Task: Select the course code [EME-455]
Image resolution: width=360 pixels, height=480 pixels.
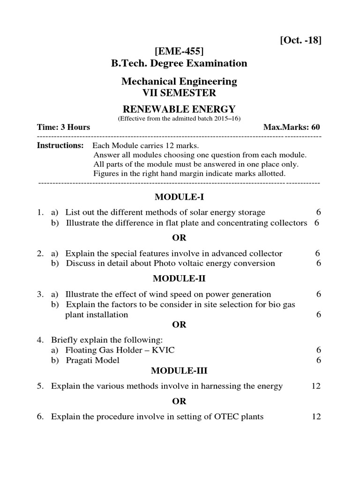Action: [x=179, y=51]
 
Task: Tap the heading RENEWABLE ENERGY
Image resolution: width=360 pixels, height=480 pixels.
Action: [x=179, y=110]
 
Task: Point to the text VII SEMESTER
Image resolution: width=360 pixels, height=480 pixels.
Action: [x=179, y=93]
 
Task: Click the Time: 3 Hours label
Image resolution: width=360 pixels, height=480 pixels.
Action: [x=64, y=127]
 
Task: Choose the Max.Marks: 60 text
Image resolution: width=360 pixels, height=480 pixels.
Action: [x=292, y=127]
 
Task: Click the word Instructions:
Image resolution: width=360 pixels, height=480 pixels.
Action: [x=60, y=145]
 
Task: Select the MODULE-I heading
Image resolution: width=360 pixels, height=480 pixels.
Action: [x=179, y=196]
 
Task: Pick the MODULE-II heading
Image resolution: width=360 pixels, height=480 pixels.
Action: [x=179, y=278]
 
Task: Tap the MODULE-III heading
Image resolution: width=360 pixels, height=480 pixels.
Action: [x=179, y=371]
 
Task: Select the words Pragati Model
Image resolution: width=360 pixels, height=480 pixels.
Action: [x=93, y=360]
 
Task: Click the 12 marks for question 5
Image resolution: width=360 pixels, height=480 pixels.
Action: [x=316, y=386]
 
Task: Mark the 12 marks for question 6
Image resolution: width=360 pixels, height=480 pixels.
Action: [x=316, y=416]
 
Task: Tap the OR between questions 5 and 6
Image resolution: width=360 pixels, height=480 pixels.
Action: [x=179, y=401]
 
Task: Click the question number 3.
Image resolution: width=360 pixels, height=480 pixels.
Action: [x=40, y=294]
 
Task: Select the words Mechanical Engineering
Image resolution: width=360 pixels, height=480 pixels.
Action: [x=179, y=82]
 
